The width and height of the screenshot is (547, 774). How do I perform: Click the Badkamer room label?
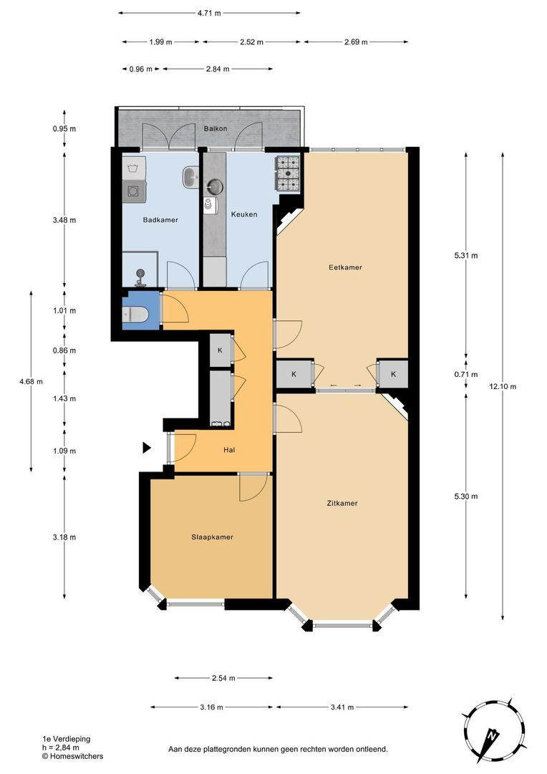tap(160, 220)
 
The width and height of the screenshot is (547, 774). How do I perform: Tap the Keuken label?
tap(244, 214)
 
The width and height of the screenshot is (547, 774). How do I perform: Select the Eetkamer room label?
tap(345, 267)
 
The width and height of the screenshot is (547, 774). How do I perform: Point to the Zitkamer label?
tap(342, 503)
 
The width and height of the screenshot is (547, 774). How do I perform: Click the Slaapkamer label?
tap(212, 537)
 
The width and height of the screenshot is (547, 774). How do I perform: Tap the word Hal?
tap(229, 449)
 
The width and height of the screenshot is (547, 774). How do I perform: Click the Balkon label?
tap(216, 128)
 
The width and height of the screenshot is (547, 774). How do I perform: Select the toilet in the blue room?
tap(134, 314)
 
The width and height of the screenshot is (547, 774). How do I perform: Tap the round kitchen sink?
tap(215, 186)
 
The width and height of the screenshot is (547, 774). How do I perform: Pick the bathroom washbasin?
tap(190, 177)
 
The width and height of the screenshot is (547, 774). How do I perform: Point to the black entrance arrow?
tap(147, 448)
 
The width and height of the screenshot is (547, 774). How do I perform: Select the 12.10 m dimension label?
tap(503, 386)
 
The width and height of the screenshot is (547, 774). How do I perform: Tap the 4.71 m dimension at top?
tap(209, 14)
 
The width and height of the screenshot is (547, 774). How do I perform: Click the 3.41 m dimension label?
tap(342, 707)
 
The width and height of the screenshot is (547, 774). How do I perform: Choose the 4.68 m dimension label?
tap(31, 381)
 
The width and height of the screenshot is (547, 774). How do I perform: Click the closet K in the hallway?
tap(220, 350)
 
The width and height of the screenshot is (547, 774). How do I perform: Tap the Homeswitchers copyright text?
tap(72, 756)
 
